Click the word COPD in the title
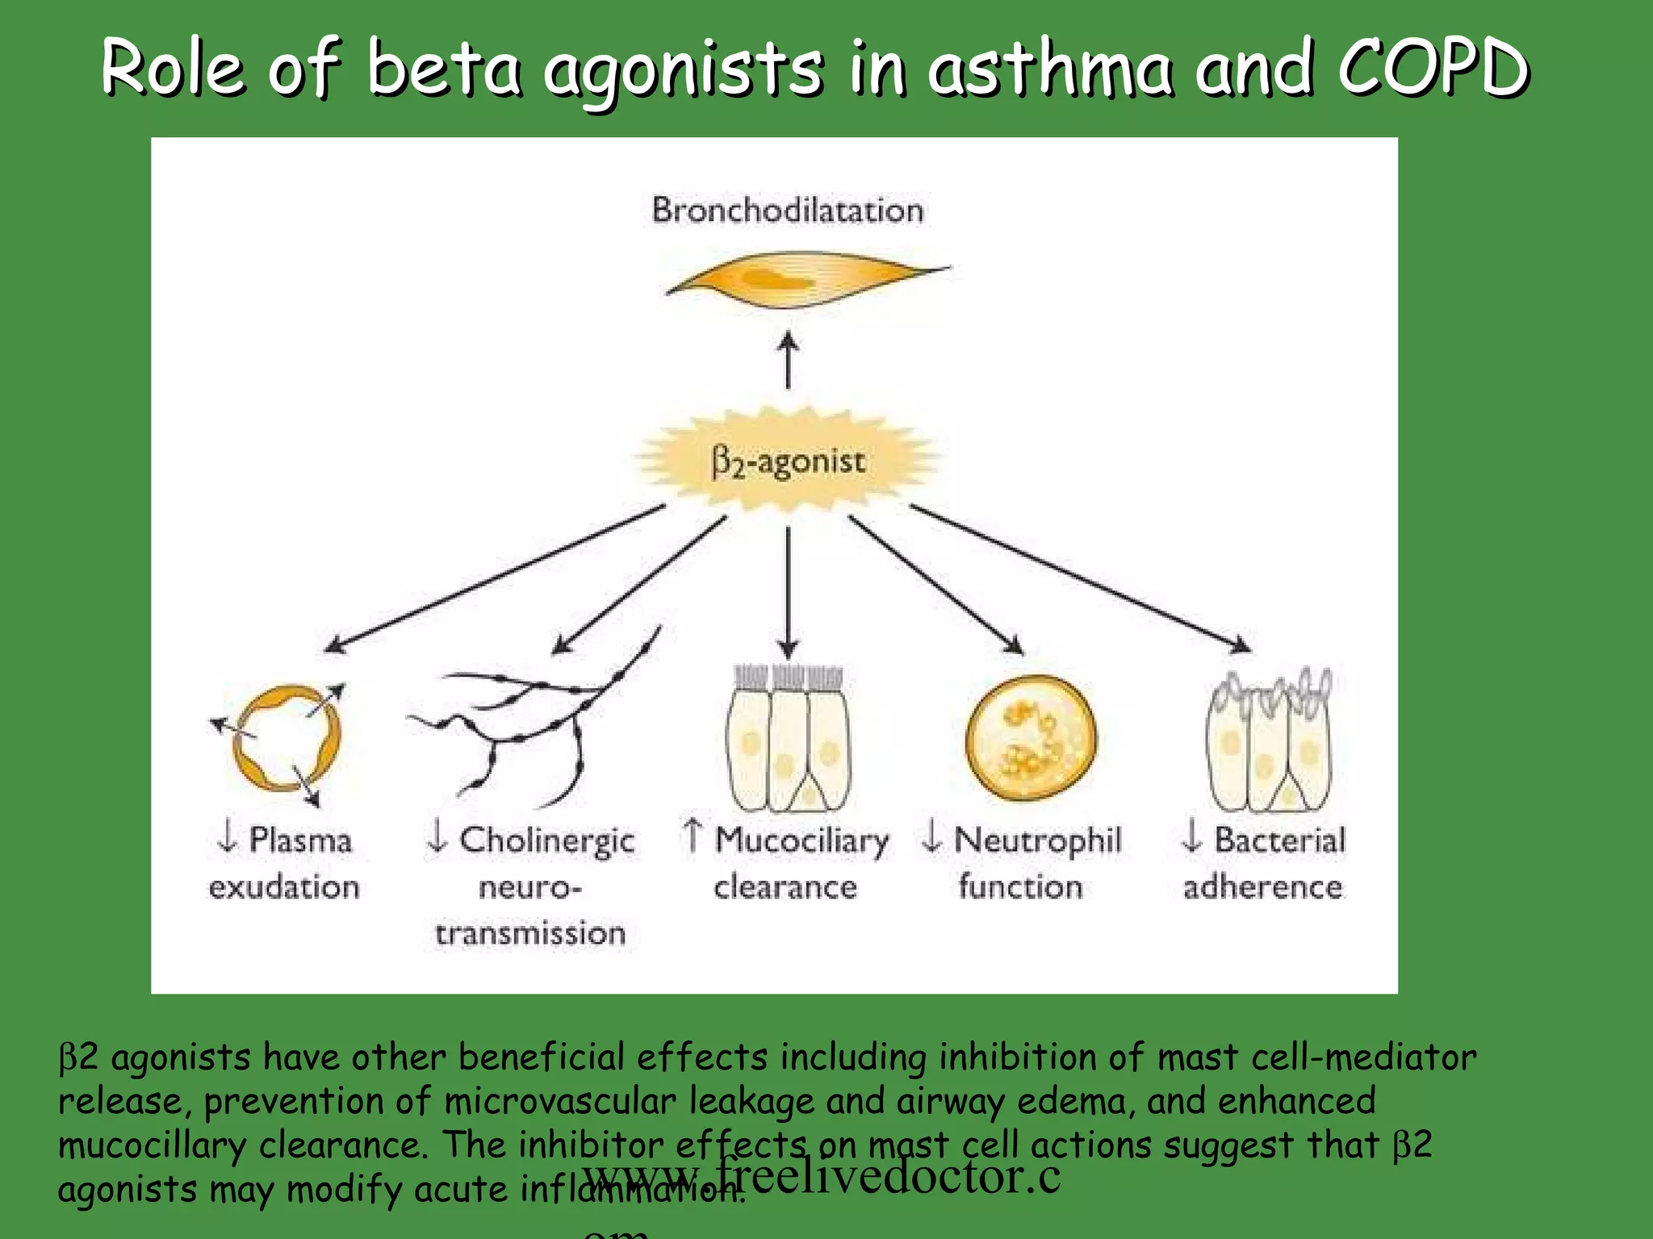tap(1433, 69)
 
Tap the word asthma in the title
tap(1049, 69)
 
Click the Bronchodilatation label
tap(788, 211)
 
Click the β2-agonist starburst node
tap(788, 461)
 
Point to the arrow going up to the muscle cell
tap(788, 361)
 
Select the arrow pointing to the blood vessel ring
tap(492, 579)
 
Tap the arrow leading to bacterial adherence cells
tap(1082, 578)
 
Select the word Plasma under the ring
tap(300, 841)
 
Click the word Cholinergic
tap(547, 841)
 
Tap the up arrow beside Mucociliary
tap(692, 835)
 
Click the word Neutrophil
tap(1037, 841)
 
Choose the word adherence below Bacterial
tap(1263, 887)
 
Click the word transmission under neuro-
tap(530, 934)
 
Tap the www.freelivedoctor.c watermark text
tap(821, 1176)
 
